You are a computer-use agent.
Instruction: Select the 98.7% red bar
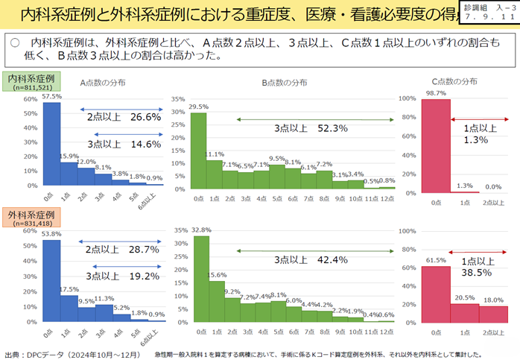click(x=436, y=146)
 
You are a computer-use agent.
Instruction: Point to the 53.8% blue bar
click(x=51, y=282)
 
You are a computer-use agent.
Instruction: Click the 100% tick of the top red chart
click(x=407, y=98)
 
